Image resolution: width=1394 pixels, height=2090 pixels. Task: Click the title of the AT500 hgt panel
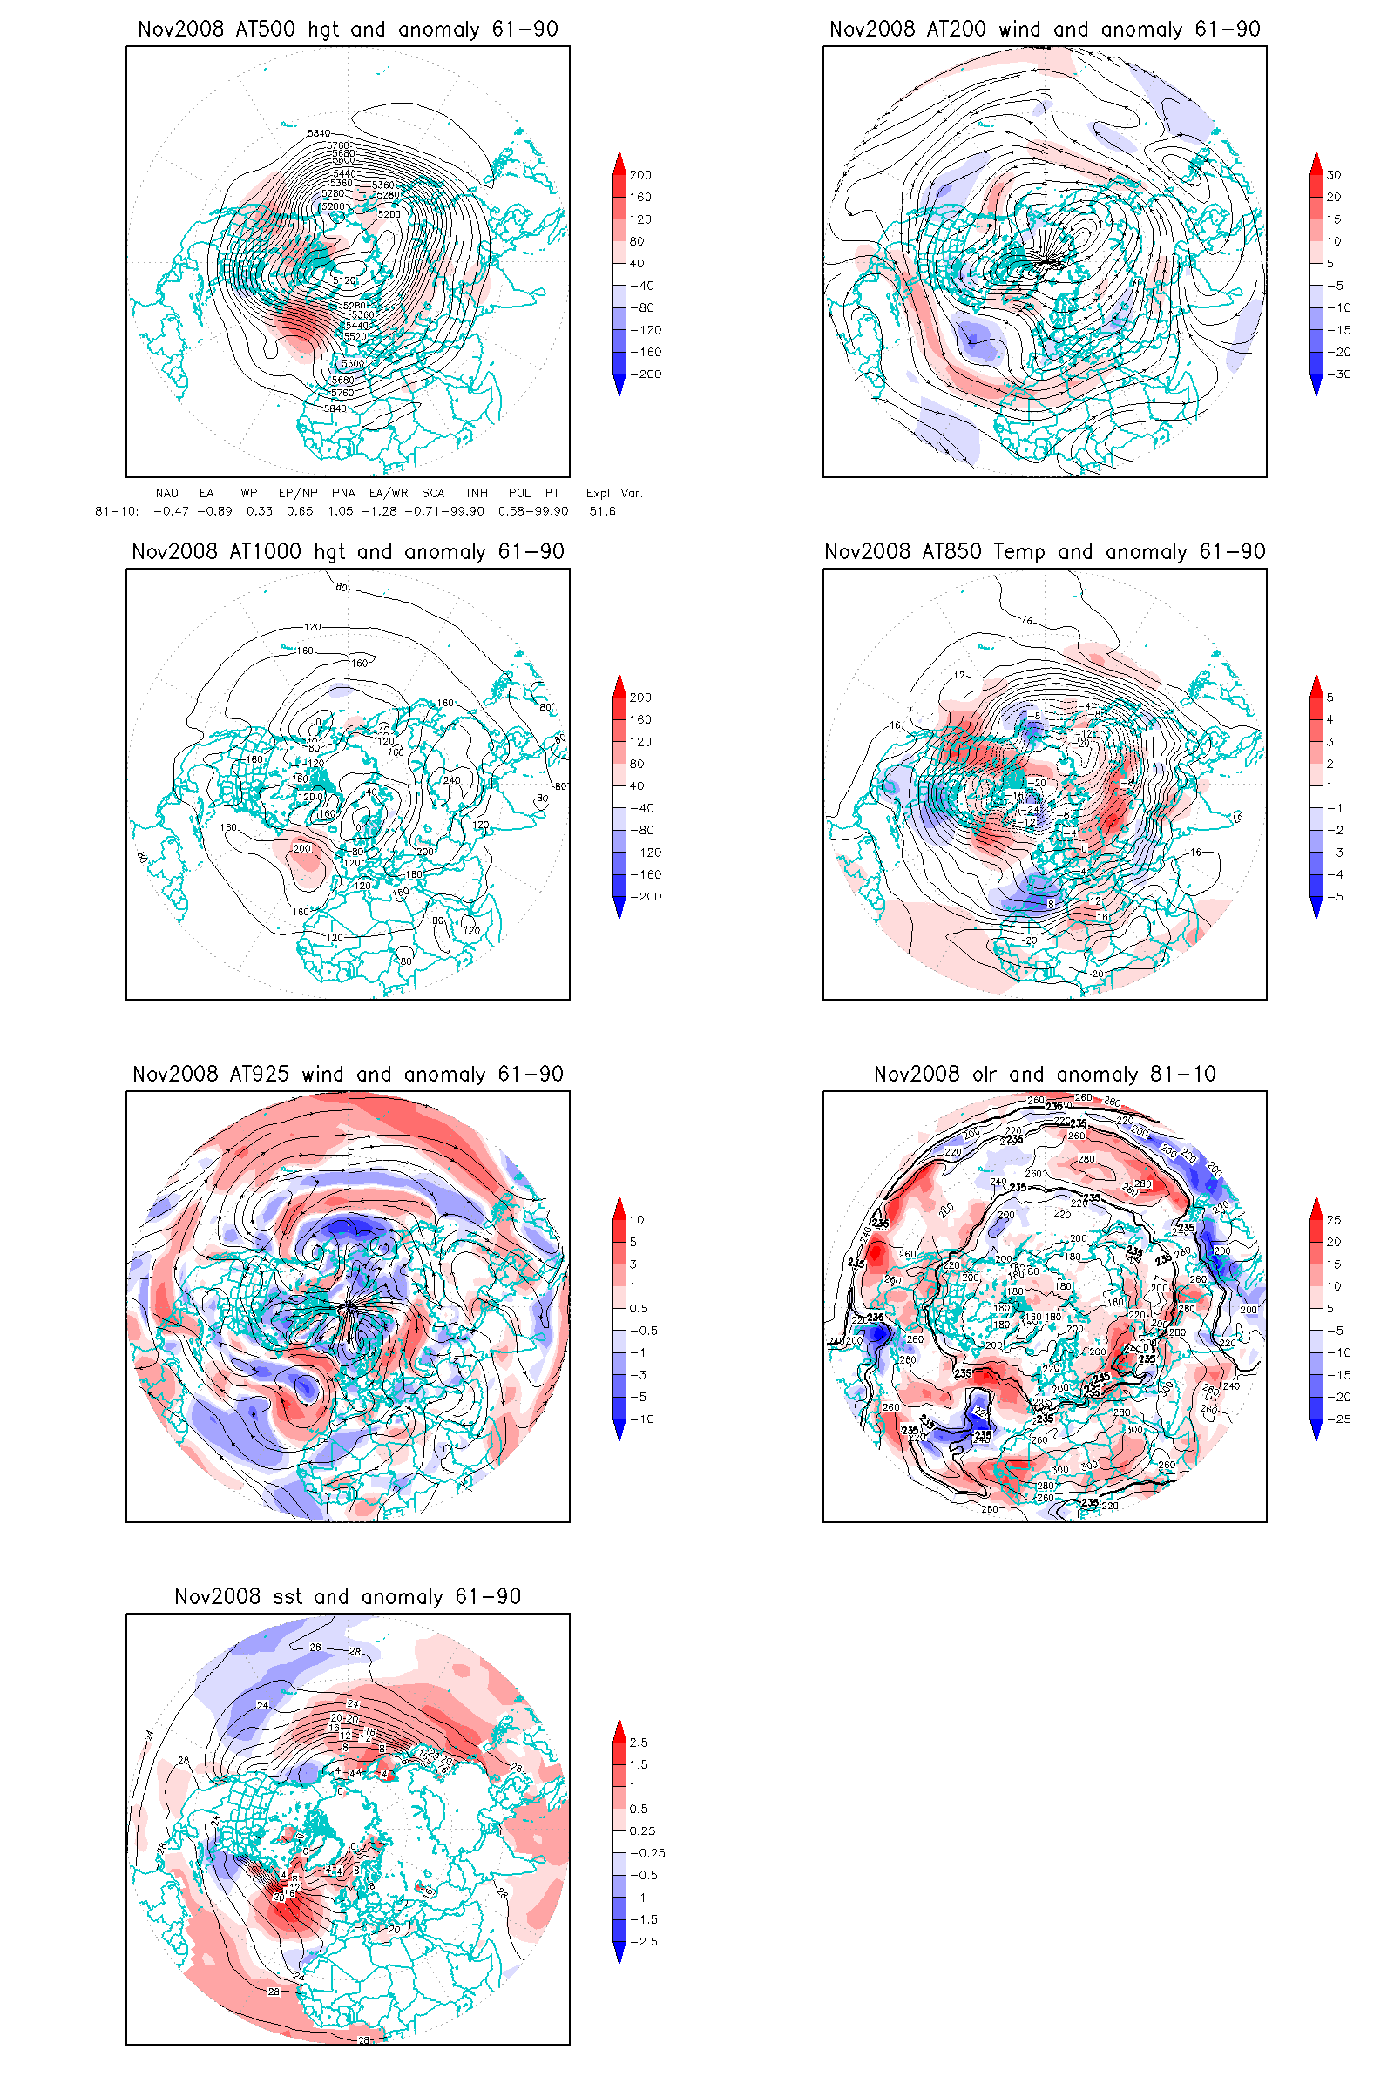pyautogui.click(x=348, y=30)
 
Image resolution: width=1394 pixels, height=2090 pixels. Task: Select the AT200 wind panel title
pyautogui.click(x=1045, y=30)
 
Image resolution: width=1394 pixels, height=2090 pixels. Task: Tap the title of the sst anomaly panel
pyautogui.click(x=348, y=1597)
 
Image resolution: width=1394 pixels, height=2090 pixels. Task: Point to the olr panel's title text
pyautogui.click(x=1045, y=1075)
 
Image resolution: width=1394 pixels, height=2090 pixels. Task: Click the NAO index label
pyautogui.click(x=166, y=493)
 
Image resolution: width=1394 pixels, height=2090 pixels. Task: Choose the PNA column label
pyautogui.click(x=343, y=493)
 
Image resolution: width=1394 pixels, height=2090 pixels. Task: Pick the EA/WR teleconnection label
pyautogui.click(x=389, y=493)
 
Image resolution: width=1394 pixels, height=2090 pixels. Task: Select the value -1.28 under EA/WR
pyautogui.click(x=379, y=511)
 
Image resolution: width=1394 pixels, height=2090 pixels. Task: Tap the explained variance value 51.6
pyautogui.click(x=602, y=511)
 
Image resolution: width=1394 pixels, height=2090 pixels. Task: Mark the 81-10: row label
pyautogui.click(x=117, y=511)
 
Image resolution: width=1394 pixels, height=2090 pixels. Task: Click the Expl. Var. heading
pyautogui.click(x=614, y=493)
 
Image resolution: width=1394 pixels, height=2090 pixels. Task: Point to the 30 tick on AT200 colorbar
pyautogui.click(x=1334, y=175)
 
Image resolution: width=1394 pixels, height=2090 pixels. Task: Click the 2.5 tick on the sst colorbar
pyautogui.click(x=639, y=1743)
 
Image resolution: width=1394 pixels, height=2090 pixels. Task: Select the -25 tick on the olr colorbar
pyautogui.click(x=1338, y=1419)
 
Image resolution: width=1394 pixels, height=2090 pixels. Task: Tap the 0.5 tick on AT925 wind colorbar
pyautogui.click(x=639, y=1309)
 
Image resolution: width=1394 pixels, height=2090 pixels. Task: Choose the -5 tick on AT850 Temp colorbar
pyautogui.click(x=1335, y=897)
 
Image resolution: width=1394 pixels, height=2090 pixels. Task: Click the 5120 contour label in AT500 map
pyautogui.click(x=344, y=280)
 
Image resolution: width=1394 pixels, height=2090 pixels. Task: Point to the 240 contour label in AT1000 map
pyautogui.click(x=451, y=780)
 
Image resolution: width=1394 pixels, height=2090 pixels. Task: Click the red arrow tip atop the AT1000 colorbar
pyautogui.click(x=619, y=682)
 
